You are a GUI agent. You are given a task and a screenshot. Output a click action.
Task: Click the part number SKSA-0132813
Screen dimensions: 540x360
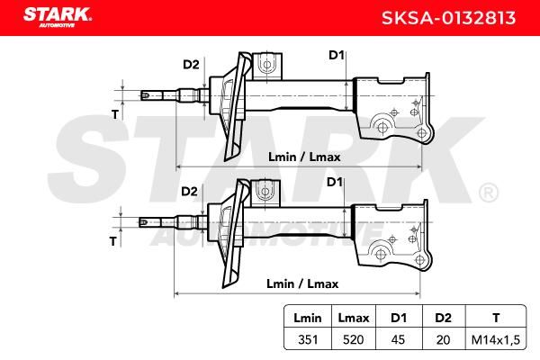pos(448,18)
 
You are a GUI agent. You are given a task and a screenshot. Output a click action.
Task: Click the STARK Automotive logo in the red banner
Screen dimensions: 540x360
pos(58,17)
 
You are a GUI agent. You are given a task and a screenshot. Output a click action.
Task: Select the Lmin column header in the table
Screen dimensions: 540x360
pos(308,318)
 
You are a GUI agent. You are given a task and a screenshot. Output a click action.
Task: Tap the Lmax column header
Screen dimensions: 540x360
pos(354,318)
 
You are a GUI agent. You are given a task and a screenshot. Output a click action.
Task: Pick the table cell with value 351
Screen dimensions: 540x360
pos(308,339)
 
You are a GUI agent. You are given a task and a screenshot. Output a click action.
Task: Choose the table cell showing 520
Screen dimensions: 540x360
pos(354,339)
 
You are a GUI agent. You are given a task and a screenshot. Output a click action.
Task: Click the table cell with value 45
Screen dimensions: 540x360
pos(398,339)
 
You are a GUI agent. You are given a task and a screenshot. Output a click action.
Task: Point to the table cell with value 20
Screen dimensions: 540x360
pos(443,339)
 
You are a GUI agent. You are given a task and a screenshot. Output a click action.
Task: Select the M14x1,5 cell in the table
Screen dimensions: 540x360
pos(496,339)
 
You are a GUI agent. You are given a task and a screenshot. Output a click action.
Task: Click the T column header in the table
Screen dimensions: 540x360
pos(496,318)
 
